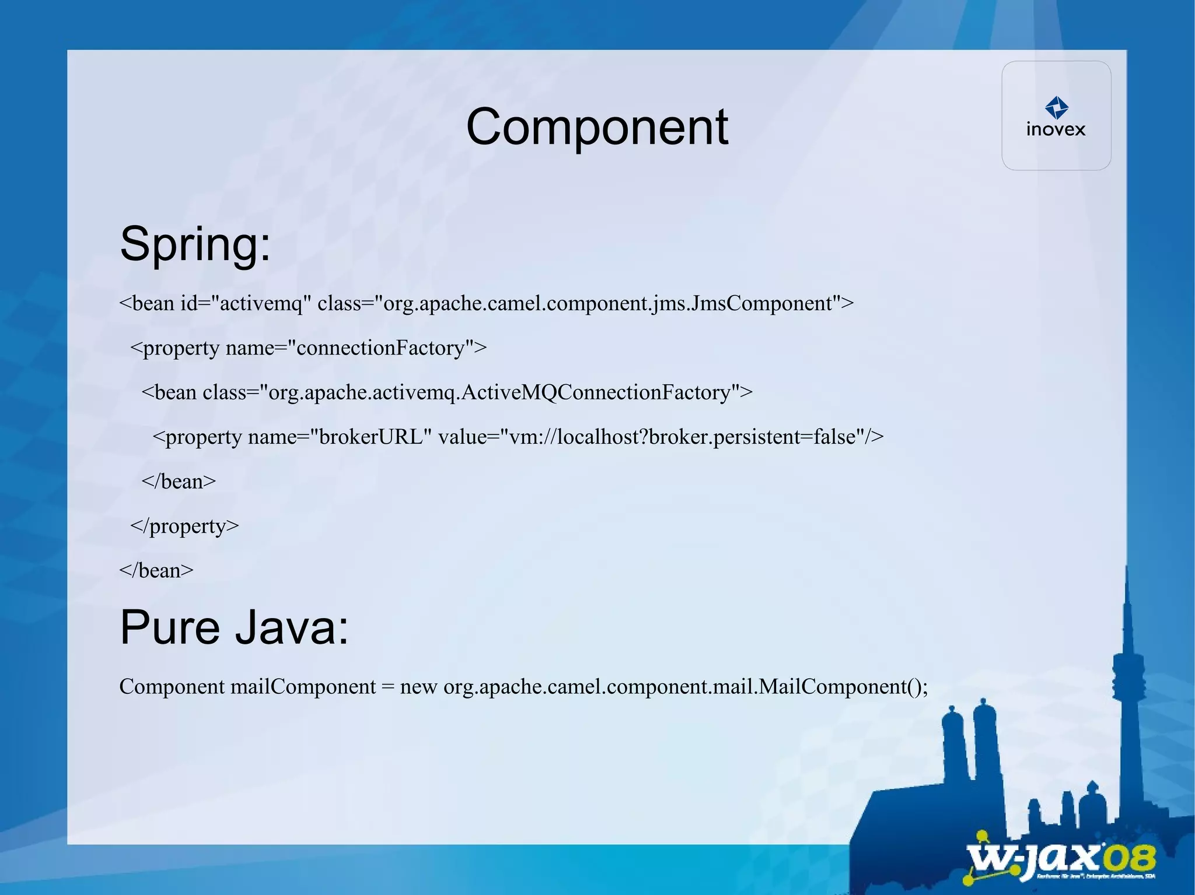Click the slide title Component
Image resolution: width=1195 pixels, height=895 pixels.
coord(597,127)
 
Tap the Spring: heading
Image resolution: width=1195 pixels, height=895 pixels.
coord(195,244)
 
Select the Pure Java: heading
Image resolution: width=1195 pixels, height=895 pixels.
coord(234,627)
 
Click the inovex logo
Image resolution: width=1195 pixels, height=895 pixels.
coord(1056,116)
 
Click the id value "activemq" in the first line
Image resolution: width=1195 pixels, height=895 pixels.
coord(261,304)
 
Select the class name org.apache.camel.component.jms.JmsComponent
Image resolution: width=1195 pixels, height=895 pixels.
coord(607,304)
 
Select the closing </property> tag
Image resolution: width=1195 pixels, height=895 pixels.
coord(184,526)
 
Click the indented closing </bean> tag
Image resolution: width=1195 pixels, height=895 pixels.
coord(179,482)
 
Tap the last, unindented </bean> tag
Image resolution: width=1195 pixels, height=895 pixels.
coord(156,570)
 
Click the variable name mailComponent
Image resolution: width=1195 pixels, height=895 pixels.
coord(303,687)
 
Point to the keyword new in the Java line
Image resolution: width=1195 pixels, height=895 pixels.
coord(418,687)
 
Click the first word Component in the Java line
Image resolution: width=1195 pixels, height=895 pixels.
coord(172,687)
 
